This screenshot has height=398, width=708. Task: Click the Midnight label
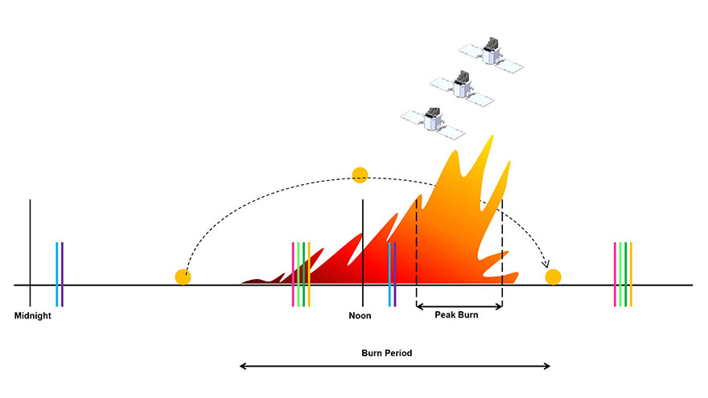click(32, 316)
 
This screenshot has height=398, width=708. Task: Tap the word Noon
click(360, 316)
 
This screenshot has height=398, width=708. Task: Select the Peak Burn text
click(456, 315)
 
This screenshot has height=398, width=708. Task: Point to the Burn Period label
click(386, 353)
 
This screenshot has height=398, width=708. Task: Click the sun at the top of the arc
click(360, 175)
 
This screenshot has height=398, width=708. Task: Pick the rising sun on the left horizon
click(183, 277)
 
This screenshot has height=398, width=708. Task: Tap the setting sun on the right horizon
click(554, 277)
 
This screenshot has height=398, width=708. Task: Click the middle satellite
click(462, 88)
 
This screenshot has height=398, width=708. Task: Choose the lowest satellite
click(433, 123)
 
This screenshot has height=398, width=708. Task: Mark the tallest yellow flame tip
click(492, 136)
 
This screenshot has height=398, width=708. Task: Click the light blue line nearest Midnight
click(57, 274)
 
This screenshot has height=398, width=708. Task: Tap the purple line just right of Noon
click(395, 274)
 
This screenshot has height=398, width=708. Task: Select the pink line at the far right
click(615, 274)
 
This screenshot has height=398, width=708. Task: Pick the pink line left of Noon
click(293, 274)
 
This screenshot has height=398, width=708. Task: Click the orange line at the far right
click(631, 274)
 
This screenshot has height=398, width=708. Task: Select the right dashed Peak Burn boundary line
click(502, 253)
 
